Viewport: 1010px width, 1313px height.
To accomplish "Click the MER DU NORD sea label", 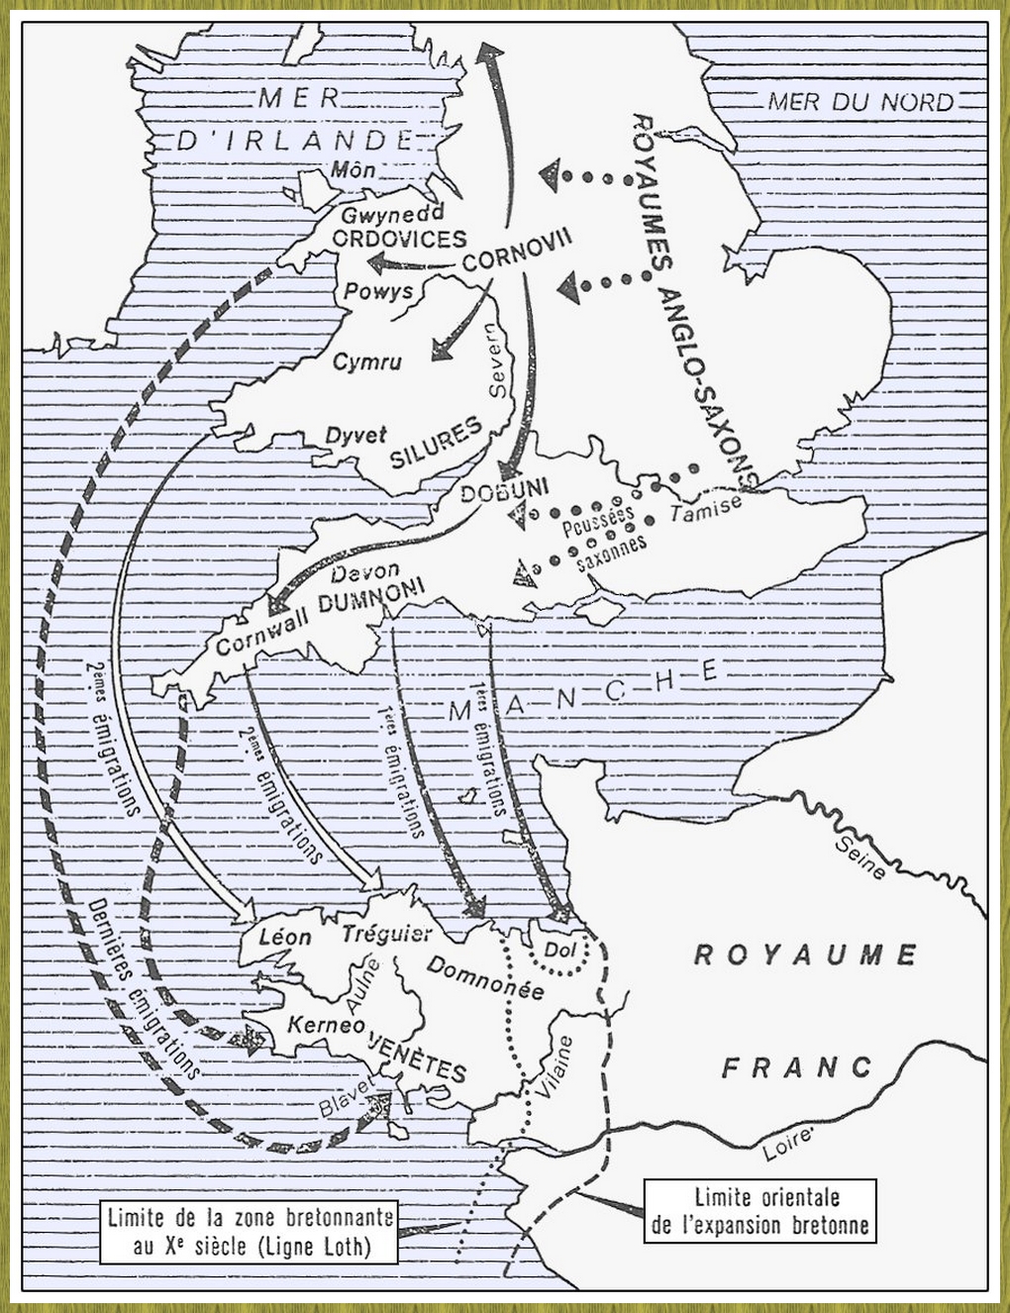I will pyautogui.click(x=860, y=101).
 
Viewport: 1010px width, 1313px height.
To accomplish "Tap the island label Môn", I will pyautogui.click(x=353, y=169).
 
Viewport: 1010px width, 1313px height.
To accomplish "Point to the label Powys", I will pyautogui.click(x=378, y=291).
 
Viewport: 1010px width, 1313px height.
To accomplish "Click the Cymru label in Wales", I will pyautogui.click(x=367, y=361).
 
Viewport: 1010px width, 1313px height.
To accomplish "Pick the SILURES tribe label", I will pyautogui.click(x=436, y=442).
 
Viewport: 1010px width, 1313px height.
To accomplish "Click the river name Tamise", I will pyautogui.click(x=705, y=508).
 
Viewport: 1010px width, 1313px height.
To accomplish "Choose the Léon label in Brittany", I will pyautogui.click(x=284, y=936).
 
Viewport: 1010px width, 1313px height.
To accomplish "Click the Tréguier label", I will pyautogui.click(x=386, y=933).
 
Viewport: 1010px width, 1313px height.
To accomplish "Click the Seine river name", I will pyautogui.click(x=859, y=857).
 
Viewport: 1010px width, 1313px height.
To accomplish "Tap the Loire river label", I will pyautogui.click(x=788, y=1143).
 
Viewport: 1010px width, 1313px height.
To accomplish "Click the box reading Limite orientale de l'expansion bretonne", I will pyautogui.click(x=759, y=1210).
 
